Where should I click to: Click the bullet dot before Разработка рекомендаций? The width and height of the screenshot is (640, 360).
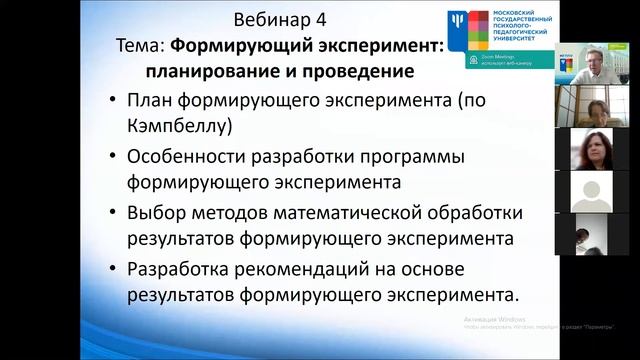point(112,269)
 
